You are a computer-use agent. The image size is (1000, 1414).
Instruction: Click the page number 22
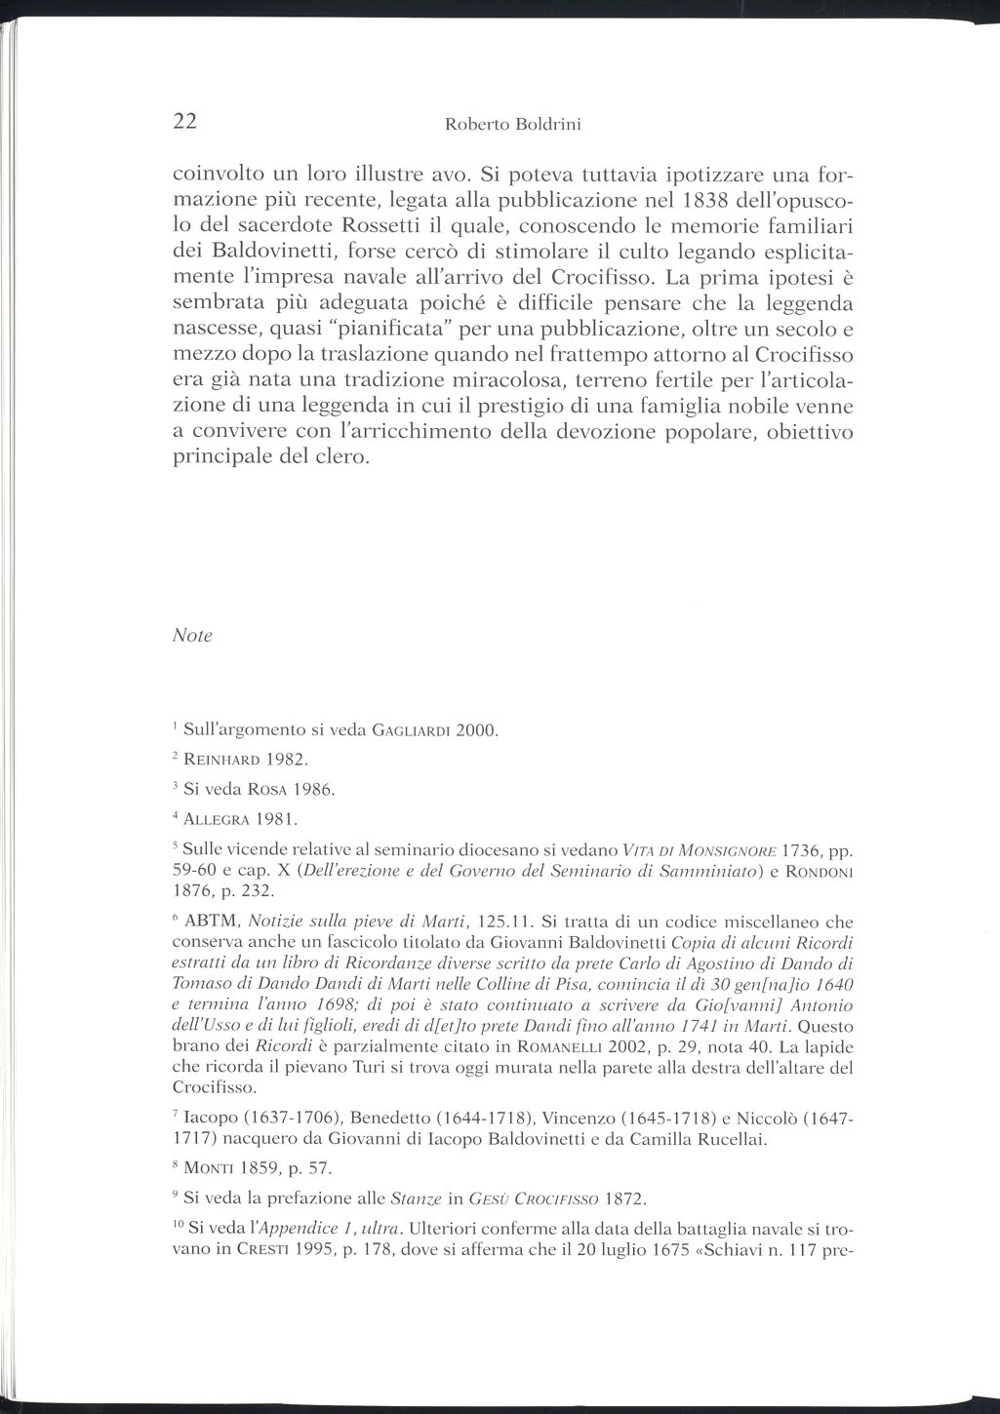click(x=185, y=122)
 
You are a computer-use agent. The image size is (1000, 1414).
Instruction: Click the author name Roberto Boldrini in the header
click(x=512, y=125)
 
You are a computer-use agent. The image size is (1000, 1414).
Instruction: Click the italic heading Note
click(x=192, y=635)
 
